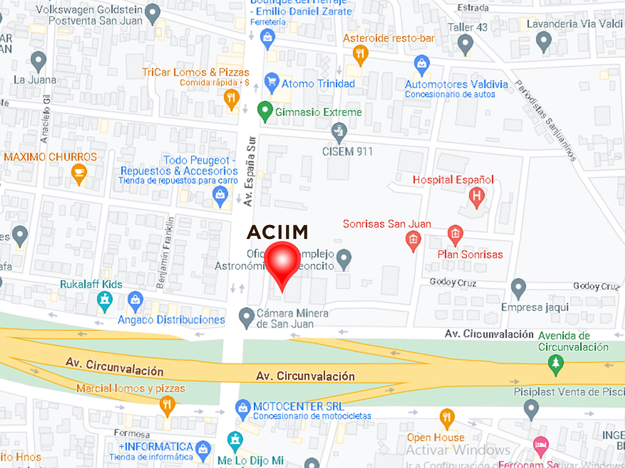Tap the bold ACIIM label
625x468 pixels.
click(x=277, y=232)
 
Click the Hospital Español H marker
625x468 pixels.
click(x=477, y=196)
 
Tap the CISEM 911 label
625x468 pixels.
click(x=347, y=152)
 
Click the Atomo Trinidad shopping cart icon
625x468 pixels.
click(x=271, y=82)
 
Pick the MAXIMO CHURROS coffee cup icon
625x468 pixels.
click(x=79, y=173)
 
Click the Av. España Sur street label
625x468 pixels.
click(x=249, y=171)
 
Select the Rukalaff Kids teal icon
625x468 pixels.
click(x=105, y=301)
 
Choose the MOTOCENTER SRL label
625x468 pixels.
click(x=298, y=406)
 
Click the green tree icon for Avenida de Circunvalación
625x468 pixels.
click(x=556, y=364)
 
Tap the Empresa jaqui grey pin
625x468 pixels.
click(x=518, y=287)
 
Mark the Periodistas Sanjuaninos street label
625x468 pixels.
click(x=545, y=120)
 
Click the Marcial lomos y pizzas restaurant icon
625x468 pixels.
click(x=167, y=405)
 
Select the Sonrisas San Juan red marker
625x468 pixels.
click(x=413, y=240)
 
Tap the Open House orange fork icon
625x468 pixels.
click(x=447, y=417)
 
